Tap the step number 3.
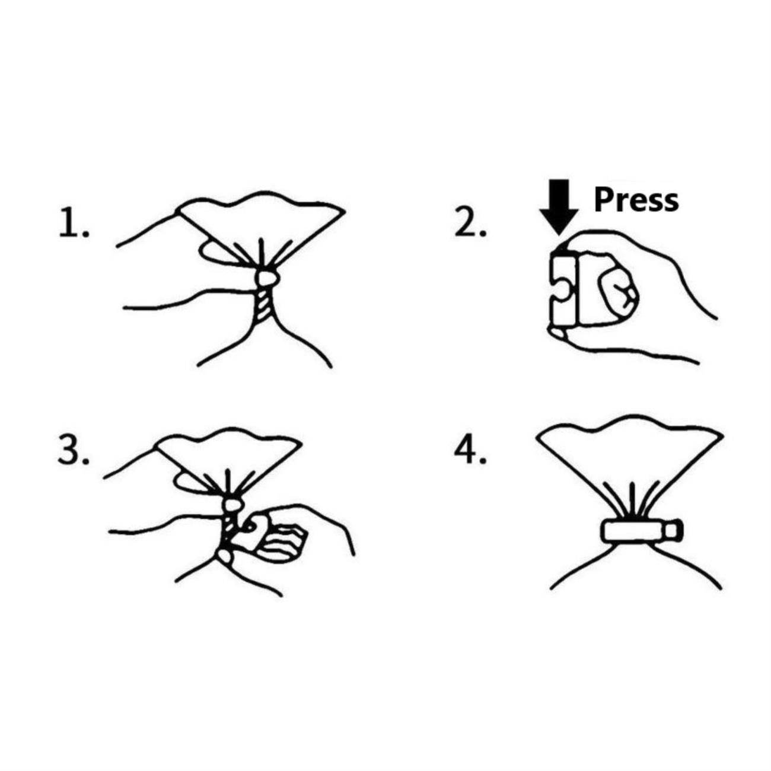point(74,452)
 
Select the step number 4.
point(470,452)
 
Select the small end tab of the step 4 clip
point(673,531)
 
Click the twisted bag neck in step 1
point(264,304)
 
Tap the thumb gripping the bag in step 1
point(218,252)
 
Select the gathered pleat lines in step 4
point(633,502)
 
